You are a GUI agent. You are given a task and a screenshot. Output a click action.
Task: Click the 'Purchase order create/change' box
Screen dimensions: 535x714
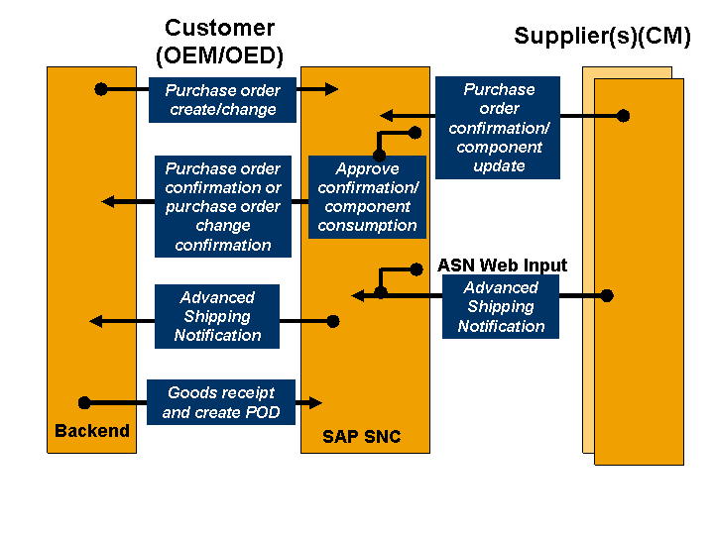click(222, 99)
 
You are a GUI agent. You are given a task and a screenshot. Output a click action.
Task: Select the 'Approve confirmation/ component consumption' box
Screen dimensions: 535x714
click(367, 197)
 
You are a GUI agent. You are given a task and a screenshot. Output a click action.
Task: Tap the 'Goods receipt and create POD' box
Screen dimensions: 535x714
click(221, 402)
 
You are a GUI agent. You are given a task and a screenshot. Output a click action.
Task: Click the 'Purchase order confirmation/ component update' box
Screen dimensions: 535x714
click(498, 128)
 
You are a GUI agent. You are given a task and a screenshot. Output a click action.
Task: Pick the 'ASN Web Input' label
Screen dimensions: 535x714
click(502, 266)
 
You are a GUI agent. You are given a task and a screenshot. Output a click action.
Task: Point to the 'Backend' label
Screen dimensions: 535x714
click(91, 431)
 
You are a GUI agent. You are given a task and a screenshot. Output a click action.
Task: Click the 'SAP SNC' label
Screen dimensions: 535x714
click(361, 437)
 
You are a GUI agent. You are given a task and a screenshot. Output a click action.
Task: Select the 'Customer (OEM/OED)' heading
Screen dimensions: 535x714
click(219, 42)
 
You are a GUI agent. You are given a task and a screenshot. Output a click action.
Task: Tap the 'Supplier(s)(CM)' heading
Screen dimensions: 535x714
click(602, 37)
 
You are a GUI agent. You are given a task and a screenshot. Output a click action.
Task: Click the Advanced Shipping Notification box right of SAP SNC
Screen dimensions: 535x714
click(501, 307)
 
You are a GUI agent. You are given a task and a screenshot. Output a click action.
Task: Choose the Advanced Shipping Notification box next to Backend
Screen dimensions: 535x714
click(217, 316)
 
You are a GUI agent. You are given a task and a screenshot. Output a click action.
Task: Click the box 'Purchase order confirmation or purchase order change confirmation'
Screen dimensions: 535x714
click(223, 207)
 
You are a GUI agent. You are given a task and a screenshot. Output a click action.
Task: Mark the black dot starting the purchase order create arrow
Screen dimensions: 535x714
click(100, 89)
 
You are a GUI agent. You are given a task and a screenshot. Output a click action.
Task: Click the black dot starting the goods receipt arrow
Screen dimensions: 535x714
click(84, 402)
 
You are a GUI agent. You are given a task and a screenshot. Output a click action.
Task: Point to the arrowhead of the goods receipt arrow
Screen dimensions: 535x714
click(316, 402)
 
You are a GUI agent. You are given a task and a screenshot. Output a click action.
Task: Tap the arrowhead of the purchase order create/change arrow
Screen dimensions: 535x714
click(331, 89)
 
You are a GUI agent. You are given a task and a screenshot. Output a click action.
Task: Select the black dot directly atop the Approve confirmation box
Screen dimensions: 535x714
click(379, 156)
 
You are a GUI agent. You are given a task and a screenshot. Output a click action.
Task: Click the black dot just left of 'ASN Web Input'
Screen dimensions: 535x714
click(416, 268)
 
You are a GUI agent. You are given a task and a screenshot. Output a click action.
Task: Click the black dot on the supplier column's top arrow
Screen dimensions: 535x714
click(623, 116)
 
